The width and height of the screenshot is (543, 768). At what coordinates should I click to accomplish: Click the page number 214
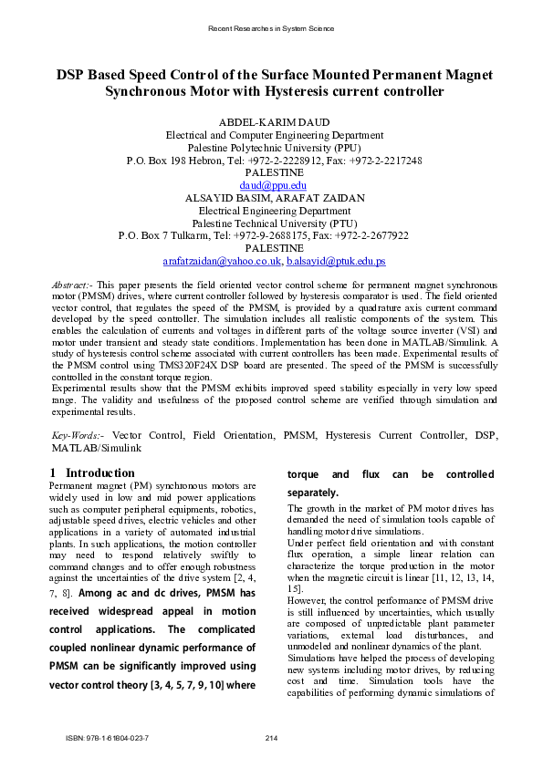[x=271, y=738]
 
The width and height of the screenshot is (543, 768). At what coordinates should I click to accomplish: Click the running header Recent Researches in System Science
[x=271, y=29]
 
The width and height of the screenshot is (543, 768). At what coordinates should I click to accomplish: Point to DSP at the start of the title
[x=74, y=74]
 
